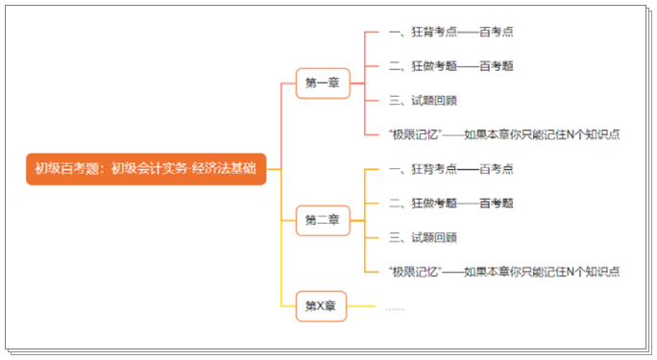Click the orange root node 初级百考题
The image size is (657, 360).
click(145, 169)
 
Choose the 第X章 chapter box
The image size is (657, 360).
click(320, 306)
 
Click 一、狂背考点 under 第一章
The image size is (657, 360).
click(423, 32)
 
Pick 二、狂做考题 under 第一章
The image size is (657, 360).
click(423, 66)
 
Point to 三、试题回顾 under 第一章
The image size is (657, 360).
click(423, 100)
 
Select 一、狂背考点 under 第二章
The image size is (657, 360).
click(423, 169)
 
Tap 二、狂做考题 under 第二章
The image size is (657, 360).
click(423, 203)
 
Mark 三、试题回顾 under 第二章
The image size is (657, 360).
click(423, 237)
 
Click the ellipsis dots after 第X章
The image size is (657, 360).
click(395, 307)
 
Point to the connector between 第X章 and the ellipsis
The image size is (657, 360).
click(361, 306)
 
